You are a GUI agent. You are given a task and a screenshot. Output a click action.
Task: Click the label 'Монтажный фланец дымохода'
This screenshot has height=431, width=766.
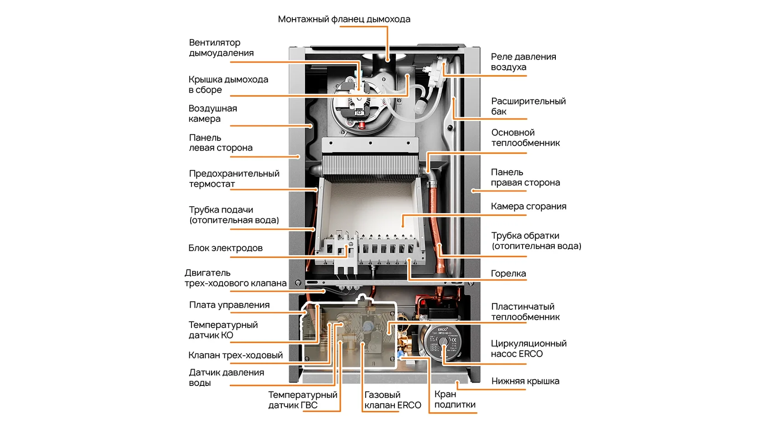click(344, 19)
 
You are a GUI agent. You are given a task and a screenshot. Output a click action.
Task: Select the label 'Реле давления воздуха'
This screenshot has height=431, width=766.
click(523, 62)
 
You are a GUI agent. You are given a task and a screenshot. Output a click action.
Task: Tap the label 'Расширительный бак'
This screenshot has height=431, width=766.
click(528, 106)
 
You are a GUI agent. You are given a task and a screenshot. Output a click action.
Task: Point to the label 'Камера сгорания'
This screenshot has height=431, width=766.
click(528, 206)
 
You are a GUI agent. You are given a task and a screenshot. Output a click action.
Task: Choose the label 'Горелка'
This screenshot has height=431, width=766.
click(508, 274)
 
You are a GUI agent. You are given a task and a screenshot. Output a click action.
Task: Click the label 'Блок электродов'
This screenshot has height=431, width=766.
click(225, 248)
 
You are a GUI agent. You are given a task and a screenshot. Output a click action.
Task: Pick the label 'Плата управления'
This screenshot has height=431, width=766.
click(229, 305)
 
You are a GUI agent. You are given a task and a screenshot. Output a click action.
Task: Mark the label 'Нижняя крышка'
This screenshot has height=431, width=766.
click(525, 381)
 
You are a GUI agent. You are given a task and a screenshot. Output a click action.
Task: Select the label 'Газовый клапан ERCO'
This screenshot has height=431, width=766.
click(392, 400)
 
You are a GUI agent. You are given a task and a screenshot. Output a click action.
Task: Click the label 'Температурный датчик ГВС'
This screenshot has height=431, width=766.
click(302, 400)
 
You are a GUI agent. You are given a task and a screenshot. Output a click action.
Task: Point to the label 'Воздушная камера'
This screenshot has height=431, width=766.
click(212, 114)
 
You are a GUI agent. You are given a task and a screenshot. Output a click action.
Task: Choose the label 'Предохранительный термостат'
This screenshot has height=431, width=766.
click(234, 179)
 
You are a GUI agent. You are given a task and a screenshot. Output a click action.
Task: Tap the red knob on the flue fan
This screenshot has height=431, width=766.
click(362, 125)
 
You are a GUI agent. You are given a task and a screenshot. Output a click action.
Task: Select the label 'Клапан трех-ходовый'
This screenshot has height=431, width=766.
click(235, 355)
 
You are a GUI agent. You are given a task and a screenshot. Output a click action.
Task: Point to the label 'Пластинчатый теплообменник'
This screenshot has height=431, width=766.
click(525, 312)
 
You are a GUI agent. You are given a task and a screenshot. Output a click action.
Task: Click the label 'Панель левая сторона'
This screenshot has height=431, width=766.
click(220, 143)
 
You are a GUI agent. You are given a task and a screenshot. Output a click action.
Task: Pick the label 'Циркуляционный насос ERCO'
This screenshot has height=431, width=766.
click(528, 349)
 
